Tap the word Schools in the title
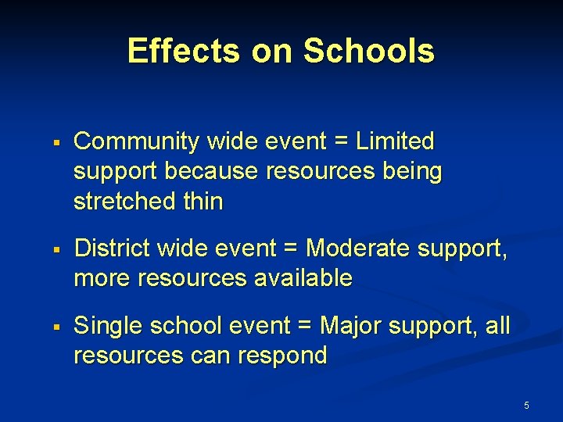pos(368,52)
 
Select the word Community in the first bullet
pos(136,142)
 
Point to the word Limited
pos(395,141)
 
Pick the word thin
pos(203,201)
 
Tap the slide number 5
pos(526,406)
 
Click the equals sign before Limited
pos(341,142)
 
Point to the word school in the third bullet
pos(182,326)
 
